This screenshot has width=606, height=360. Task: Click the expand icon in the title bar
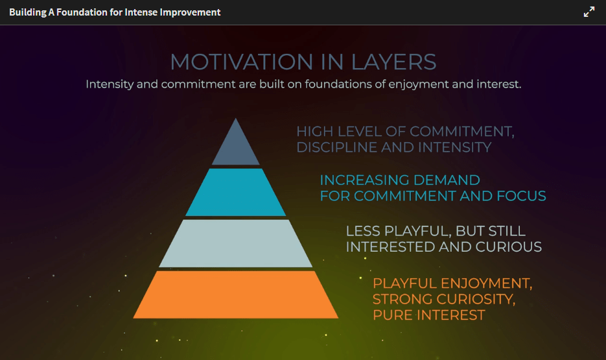(x=589, y=12)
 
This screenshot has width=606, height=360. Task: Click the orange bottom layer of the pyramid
(x=236, y=294)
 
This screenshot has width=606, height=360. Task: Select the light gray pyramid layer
(x=236, y=243)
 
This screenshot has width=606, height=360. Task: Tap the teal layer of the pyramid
(x=236, y=192)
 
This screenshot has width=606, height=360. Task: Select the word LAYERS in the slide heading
(x=394, y=62)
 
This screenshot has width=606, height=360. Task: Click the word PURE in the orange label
(x=392, y=315)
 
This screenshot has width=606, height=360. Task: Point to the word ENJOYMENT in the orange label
(x=487, y=283)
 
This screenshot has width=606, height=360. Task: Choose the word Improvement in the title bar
(x=190, y=12)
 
